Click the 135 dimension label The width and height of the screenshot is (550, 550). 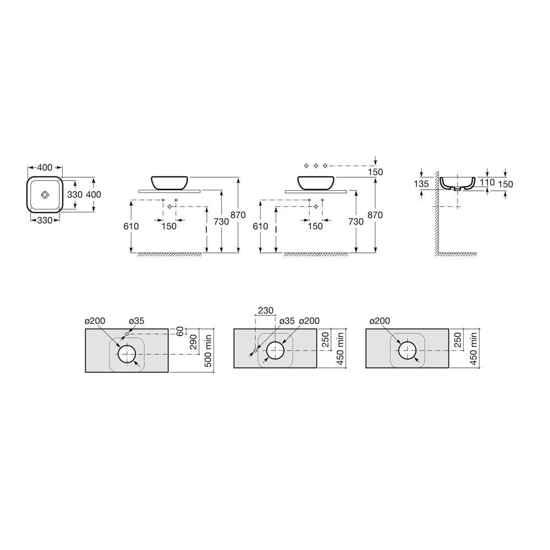[x=421, y=184]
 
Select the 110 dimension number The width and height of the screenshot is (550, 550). [x=487, y=182]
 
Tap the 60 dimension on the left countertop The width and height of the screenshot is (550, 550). [x=180, y=331]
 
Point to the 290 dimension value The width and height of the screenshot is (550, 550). [x=193, y=342]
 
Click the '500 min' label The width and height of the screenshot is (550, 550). [x=208, y=351]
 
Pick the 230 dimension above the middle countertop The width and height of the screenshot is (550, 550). [x=266, y=310]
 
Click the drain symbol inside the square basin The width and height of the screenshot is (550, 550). [x=45, y=194]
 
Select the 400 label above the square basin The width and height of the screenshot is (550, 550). [x=45, y=168]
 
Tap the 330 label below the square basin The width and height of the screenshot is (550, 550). [x=45, y=221]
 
